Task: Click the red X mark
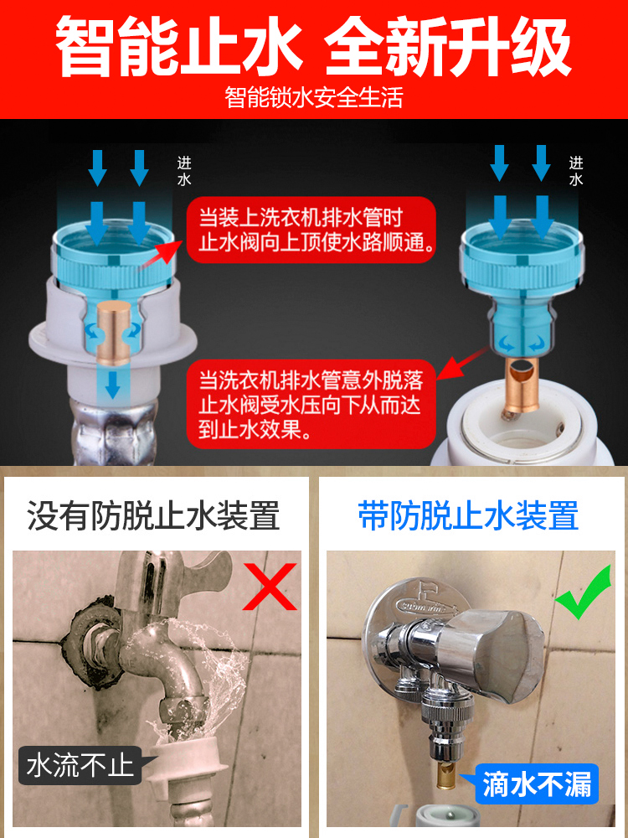click(x=269, y=587)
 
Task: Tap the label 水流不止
click(x=80, y=765)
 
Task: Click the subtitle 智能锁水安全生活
click(x=313, y=98)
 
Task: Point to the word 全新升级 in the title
click(x=449, y=46)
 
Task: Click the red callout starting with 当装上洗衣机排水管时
click(x=311, y=230)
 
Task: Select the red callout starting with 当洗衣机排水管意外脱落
click(x=311, y=404)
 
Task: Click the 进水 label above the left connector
click(x=184, y=171)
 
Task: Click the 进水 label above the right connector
click(x=576, y=171)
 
